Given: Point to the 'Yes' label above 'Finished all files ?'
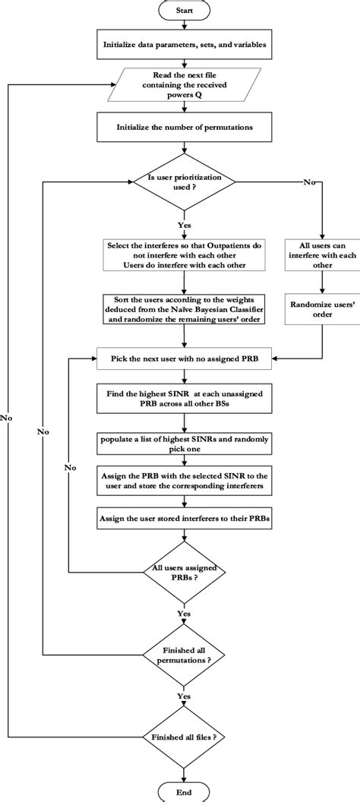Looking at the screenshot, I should (x=183, y=696).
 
